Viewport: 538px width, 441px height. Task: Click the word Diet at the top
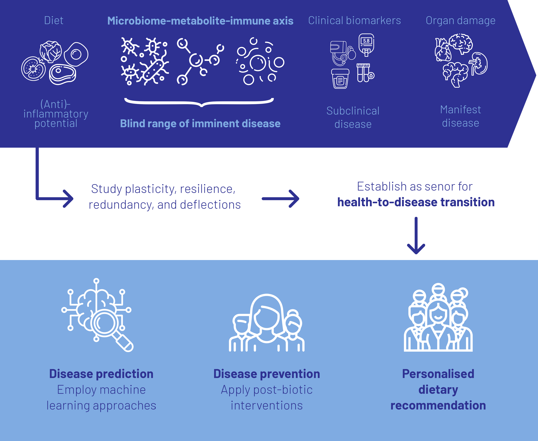pyautogui.click(x=54, y=20)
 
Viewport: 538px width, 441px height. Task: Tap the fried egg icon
pyautogui.click(x=76, y=54)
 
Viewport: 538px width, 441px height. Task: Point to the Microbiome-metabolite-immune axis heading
pyautogui.click(x=200, y=21)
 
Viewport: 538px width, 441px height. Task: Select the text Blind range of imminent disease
pyautogui.click(x=200, y=123)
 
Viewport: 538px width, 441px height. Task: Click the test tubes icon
pyautogui.click(x=364, y=73)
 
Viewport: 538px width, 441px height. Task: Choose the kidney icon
pyautogui.click(x=478, y=63)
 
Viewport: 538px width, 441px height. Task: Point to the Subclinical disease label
pyautogui.click(x=353, y=117)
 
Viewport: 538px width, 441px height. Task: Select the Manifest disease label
pyautogui.click(x=460, y=116)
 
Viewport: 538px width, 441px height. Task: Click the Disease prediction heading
pyautogui.click(x=101, y=374)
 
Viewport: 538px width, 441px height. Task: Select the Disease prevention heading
pyautogui.click(x=267, y=374)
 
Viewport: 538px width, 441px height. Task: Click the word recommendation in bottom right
pyautogui.click(x=438, y=405)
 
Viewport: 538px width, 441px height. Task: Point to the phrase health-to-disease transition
pyautogui.click(x=417, y=202)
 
